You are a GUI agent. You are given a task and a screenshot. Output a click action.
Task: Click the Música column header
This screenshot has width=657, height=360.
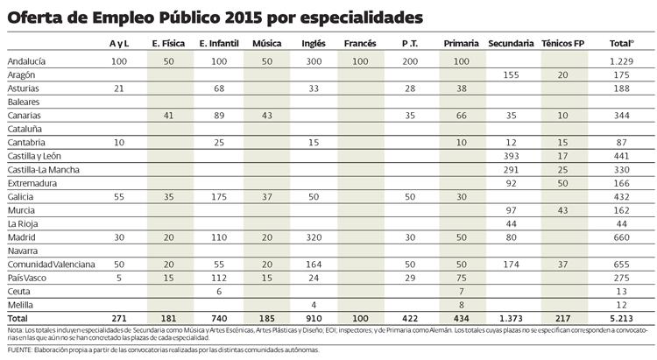tap(266, 43)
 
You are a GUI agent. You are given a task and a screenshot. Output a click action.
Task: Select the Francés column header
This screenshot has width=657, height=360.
tap(360, 43)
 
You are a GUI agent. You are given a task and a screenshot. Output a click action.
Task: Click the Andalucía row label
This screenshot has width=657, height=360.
tap(28, 62)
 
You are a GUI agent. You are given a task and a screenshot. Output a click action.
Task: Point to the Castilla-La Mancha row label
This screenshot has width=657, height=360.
tap(44, 169)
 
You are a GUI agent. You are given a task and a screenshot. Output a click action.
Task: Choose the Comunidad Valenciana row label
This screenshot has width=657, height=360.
tap(51, 264)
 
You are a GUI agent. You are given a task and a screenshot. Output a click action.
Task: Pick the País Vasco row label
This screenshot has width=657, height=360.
tap(27, 277)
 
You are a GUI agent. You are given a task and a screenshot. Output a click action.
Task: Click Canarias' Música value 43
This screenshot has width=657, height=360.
tap(266, 116)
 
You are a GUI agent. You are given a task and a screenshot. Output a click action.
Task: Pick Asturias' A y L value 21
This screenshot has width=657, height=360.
tap(119, 88)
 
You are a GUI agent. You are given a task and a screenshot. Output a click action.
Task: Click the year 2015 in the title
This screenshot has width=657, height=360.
tap(209, 15)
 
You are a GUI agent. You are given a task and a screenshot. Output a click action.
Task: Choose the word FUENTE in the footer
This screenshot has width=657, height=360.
tap(20, 350)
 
